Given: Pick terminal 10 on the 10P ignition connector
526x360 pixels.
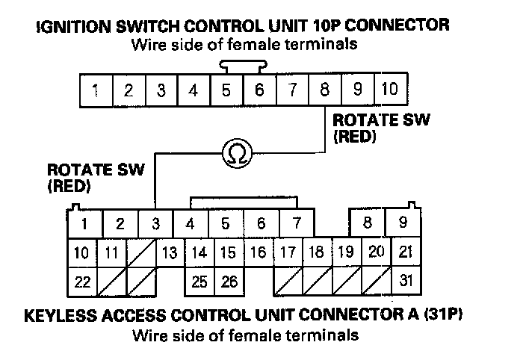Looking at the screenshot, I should [x=389, y=91].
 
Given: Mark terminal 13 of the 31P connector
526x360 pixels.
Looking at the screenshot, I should [x=170, y=252].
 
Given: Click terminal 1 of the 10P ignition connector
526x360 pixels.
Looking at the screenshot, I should [x=96, y=91].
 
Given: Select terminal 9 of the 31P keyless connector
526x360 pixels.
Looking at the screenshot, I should [x=403, y=223].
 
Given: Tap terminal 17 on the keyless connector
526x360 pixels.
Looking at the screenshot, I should [x=288, y=252].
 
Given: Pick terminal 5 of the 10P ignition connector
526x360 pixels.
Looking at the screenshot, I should [x=226, y=91].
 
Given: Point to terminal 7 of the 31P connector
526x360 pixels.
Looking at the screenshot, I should [x=297, y=223].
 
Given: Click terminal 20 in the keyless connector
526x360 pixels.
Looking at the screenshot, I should [x=376, y=252].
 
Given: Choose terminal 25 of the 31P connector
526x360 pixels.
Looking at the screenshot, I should [x=199, y=282].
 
